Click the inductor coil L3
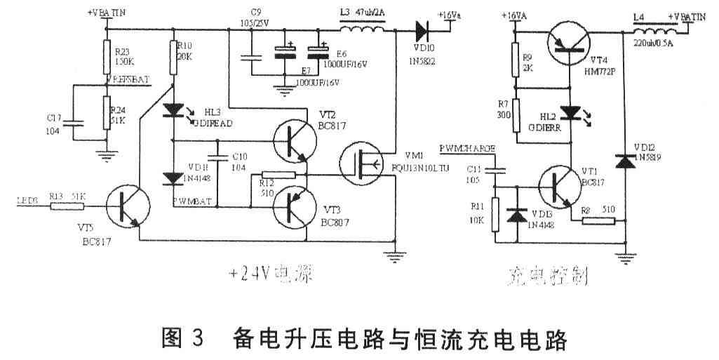tap(362, 31)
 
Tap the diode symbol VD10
tap(422, 31)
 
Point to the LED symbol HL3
tap(173, 110)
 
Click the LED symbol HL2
tap(571, 113)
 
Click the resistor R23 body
tap(107, 55)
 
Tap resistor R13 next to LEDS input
tap(67, 207)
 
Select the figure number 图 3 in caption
tap(182, 340)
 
